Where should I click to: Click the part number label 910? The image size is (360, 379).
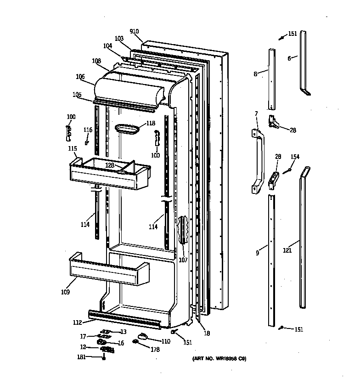pyautogui.click(x=134, y=31)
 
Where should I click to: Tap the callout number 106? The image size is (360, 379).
pyautogui.click(x=80, y=77)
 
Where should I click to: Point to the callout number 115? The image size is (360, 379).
pyautogui.click(x=72, y=148)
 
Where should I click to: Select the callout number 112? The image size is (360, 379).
pyautogui.click(x=78, y=322)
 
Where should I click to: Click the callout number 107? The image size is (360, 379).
pyautogui.click(x=183, y=260)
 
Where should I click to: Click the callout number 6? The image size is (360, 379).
pyautogui.click(x=289, y=58)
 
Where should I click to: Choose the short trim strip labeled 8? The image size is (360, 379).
pyautogui.click(x=272, y=78)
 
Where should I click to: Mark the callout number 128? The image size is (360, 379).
pyautogui.click(x=110, y=165)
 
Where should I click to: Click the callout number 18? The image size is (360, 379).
pyautogui.click(x=207, y=334)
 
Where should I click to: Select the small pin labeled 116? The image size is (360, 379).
pyautogui.click(x=87, y=143)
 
